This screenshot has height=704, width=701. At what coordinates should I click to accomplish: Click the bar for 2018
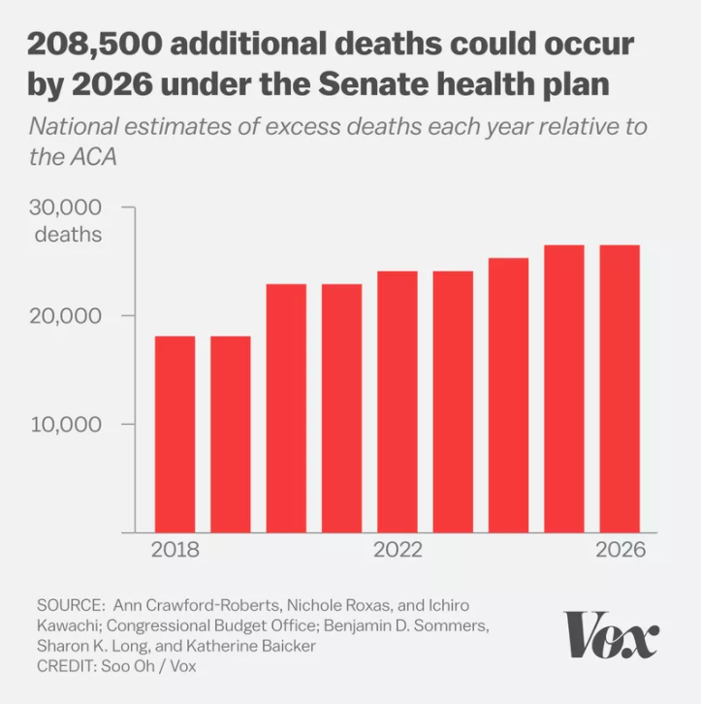click(175, 433)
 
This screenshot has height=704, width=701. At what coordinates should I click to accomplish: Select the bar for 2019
click(231, 433)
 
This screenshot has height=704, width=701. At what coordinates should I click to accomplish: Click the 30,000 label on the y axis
click(68, 208)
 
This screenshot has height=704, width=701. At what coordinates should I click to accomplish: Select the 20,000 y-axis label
click(68, 316)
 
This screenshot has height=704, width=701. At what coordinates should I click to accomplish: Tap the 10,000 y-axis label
click(68, 425)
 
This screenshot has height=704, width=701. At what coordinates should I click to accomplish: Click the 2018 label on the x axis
click(175, 550)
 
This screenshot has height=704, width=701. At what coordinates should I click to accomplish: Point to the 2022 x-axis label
click(398, 550)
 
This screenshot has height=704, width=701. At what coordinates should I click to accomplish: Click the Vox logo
click(612, 635)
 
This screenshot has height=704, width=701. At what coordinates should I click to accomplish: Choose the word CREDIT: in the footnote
click(68, 666)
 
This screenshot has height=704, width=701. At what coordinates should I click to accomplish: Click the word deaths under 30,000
click(68, 234)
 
